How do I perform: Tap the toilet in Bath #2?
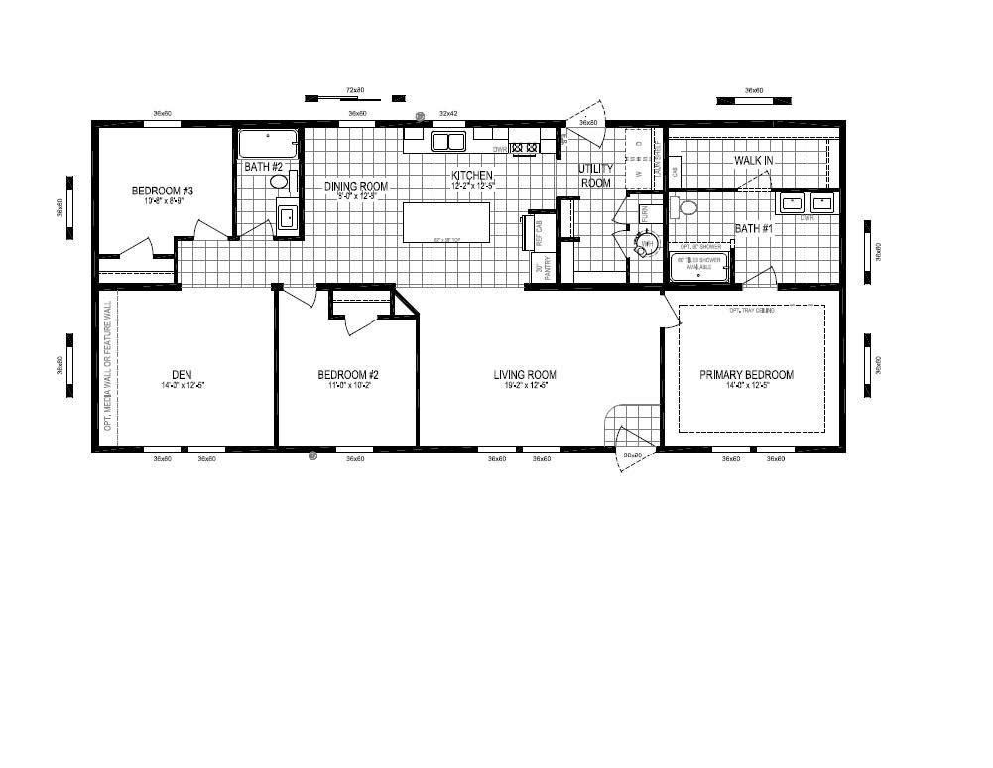tap(279, 183)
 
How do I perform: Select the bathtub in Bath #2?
tap(267, 144)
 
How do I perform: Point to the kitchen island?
tap(446, 222)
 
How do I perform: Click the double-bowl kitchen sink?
tap(448, 142)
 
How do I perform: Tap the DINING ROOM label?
tap(356, 186)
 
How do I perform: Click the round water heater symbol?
tap(646, 243)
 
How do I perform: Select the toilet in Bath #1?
tap(685, 208)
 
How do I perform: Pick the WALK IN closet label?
tap(754, 161)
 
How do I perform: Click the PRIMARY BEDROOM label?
tap(747, 375)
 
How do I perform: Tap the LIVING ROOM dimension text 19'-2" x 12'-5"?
tap(525, 385)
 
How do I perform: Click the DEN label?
tap(182, 375)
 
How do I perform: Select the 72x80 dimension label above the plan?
tap(355, 90)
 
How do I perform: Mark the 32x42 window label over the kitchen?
tap(448, 114)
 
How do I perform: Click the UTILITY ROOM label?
tap(596, 176)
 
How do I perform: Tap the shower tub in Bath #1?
tap(699, 266)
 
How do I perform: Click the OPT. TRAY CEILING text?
tap(750, 311)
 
